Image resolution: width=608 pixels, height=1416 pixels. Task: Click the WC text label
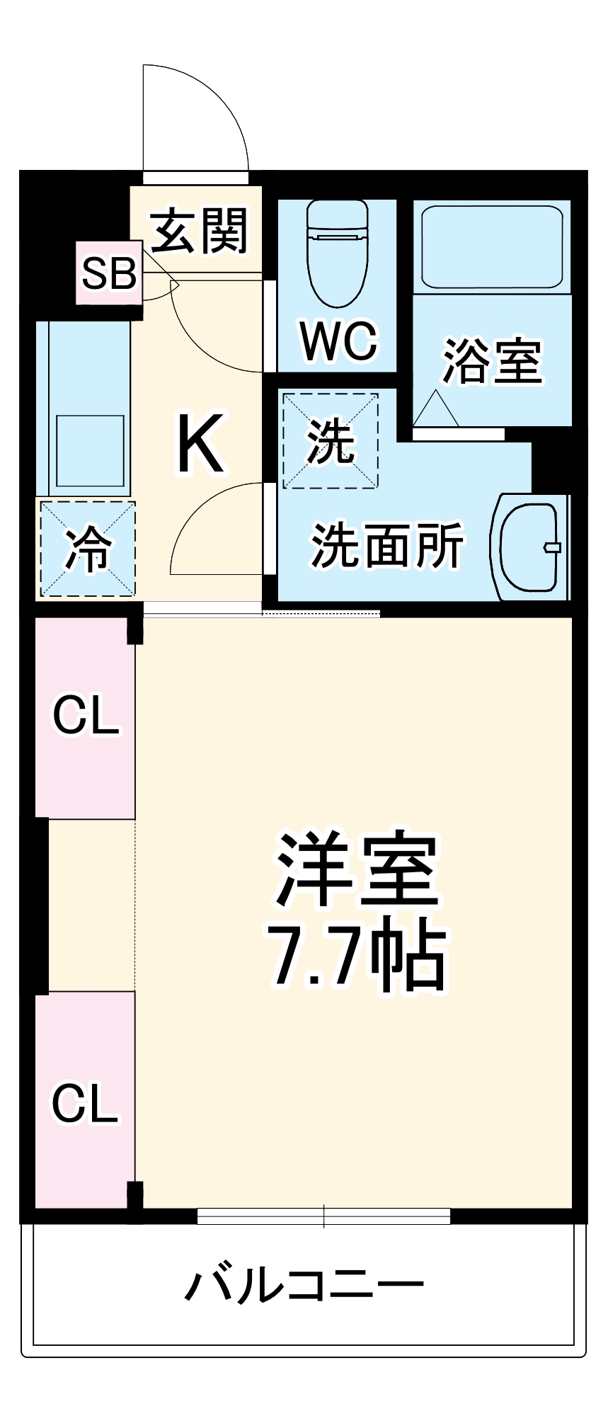tap(339, 341)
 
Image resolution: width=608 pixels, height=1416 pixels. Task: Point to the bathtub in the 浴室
tap(493, 246)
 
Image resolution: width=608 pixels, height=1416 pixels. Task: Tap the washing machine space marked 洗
tap(331, 440)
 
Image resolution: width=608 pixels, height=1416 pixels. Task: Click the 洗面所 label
tap(386, 545)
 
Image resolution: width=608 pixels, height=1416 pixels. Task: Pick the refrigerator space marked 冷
tap(88, 549)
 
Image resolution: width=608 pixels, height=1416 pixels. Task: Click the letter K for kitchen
tap(200, 444)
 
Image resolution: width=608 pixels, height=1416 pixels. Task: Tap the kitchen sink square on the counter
tap(90, 450)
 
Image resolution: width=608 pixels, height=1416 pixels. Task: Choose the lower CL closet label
tap(84, 1102)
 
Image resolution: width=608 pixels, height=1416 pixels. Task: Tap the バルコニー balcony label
tap(304, 1284)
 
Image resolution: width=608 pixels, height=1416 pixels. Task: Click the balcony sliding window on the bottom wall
tap(323, 1216)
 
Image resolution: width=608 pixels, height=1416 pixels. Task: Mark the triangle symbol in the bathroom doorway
tap(435, 409)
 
